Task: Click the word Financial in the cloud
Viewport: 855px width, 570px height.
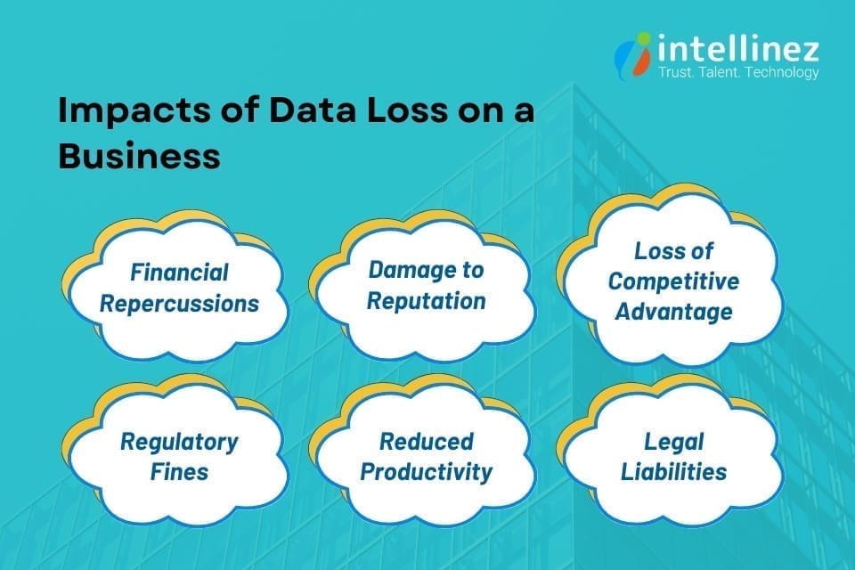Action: coord(179,272)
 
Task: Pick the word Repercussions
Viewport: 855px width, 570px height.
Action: coord(179,303)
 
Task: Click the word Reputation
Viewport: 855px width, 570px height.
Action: coord(426,301)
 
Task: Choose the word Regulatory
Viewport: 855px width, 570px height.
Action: coord(181,442)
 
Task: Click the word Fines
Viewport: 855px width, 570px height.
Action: coord(181,472)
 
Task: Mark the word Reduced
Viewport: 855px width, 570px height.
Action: coord(426,441)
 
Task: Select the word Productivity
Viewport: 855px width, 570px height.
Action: coord(426,471)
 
